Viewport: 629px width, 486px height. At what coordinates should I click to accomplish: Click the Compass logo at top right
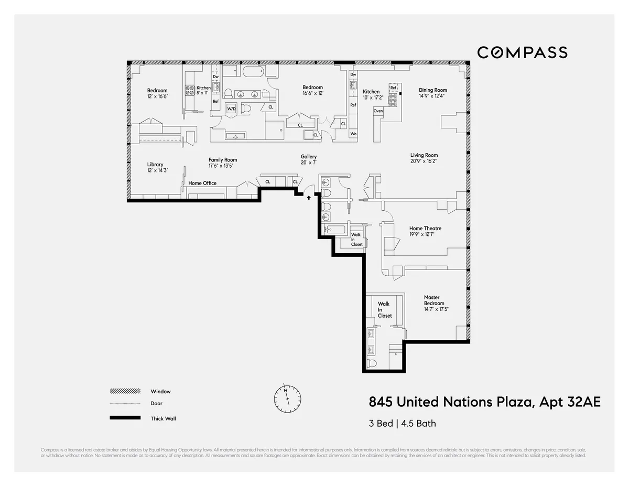(522, 52)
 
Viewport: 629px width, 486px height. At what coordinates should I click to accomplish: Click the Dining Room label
(433, 90)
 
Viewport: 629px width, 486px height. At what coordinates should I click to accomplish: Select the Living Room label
(424, 155)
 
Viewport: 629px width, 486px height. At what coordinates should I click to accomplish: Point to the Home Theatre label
(425, 229)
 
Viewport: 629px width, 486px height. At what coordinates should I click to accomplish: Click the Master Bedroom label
(435, 300)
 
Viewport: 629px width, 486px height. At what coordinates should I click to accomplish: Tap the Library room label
(155, 165)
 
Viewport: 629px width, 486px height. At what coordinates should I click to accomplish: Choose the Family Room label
(222, 160)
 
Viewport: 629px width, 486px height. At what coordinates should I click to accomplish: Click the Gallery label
(308, 157)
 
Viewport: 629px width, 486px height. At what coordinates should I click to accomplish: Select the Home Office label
(202, 183)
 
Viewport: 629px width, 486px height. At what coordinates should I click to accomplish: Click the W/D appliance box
(231, 109)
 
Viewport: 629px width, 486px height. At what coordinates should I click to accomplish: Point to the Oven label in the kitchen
(378, 111)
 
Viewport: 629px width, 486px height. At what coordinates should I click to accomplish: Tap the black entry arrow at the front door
(309, 198)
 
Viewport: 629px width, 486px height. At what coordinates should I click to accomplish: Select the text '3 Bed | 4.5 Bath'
(402, 424)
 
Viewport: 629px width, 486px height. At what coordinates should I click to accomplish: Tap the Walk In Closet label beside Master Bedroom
(385, 310)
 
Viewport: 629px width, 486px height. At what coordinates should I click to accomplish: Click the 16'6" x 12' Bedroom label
(313, 88)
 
